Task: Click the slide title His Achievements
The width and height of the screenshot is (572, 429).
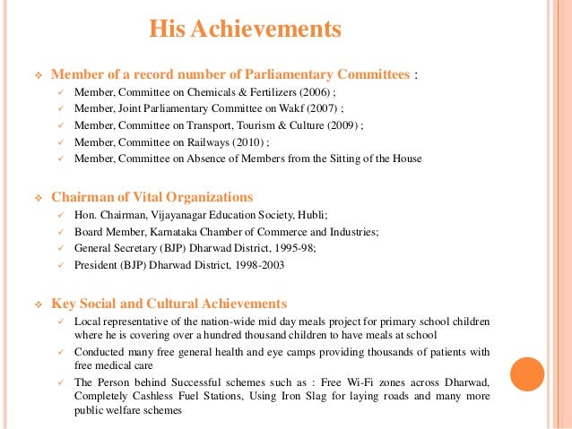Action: pyautogui.click(x=245, y=30)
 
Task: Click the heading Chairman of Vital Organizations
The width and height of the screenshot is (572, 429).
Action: pyautogui.click(x=152, y=197)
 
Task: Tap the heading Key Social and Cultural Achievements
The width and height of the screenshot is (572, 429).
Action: pyautogui.click(x=169, y=304)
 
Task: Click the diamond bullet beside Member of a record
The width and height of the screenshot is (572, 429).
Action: pyautogui.click(x=38, y=74)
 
